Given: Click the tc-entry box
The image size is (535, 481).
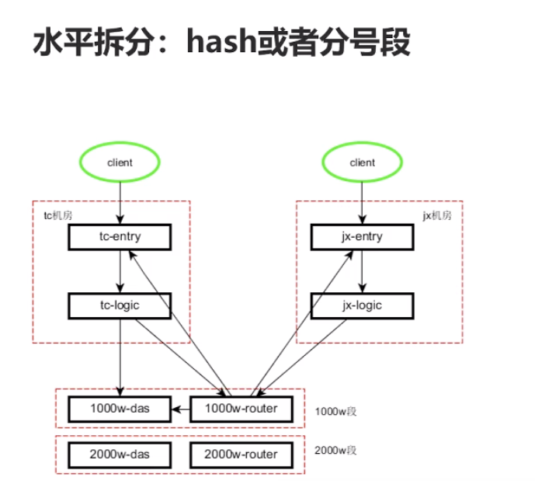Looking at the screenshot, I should coord(120,237).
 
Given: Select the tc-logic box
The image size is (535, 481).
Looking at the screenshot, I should coord(120,305).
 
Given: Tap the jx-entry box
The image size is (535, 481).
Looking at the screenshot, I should coord(362,237).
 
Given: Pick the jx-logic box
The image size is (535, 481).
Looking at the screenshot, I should coord(362,305).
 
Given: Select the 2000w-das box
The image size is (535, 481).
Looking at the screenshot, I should coord(120,455).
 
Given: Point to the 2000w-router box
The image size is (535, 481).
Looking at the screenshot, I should coord(240,455).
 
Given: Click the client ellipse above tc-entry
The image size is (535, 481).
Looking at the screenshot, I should coord(120,163).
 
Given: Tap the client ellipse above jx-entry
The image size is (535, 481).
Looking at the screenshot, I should coord(362,163).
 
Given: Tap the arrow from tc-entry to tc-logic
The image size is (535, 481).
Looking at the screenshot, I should coord(120,271).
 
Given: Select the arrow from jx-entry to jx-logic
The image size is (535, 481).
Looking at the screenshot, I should coord(362,271).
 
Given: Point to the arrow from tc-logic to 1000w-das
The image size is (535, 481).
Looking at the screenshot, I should coord(120,357).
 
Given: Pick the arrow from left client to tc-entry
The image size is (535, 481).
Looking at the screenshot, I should coord(120,202).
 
